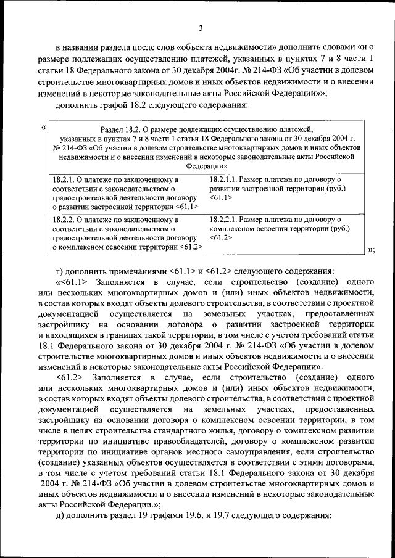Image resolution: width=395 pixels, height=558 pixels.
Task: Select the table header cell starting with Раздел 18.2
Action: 206,147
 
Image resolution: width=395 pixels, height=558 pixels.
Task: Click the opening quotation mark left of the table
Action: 43,128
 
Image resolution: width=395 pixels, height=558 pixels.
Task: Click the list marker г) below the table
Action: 59,271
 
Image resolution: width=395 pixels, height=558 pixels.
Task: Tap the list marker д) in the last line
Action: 60,514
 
